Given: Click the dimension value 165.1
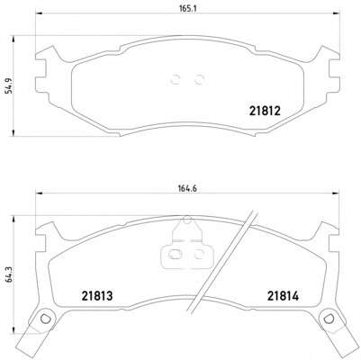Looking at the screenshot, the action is click(x=187, y=9).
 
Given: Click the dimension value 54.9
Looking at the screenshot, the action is click(x=10, y=85).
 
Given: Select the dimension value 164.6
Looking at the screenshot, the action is click(x=187, y=188).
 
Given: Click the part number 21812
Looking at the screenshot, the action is click(x=265, y=112).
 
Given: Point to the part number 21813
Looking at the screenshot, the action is click(x=97, y=296).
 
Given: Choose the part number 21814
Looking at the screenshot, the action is click(x=284, y=296).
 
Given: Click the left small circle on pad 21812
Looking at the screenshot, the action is click(x=175, y=79).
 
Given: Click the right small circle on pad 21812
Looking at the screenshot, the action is click(x=200, y=79).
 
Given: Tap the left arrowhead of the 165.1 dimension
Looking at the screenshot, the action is click(x=40, y=13).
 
